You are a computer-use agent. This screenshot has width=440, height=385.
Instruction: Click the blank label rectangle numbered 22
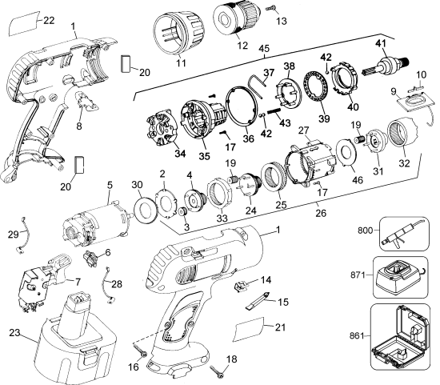coord(26,25)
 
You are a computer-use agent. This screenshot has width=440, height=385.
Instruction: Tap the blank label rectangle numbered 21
coord(253,328)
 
